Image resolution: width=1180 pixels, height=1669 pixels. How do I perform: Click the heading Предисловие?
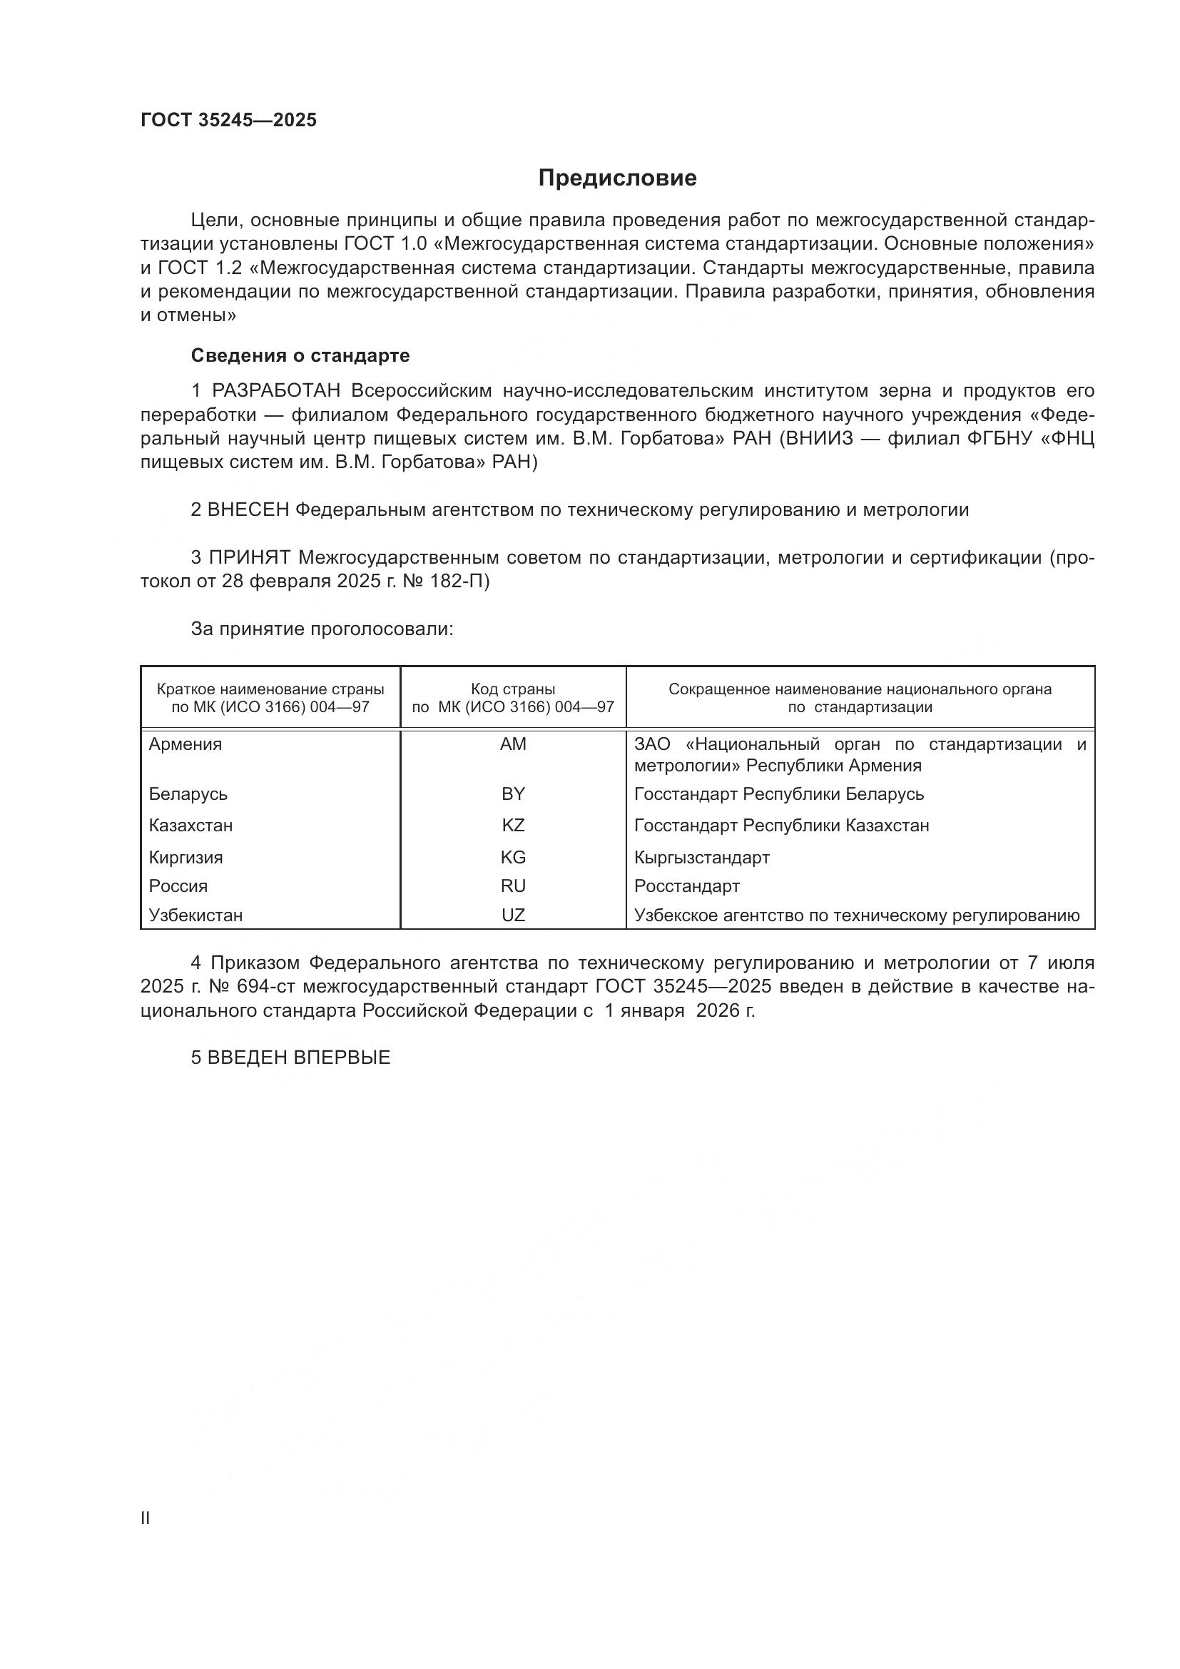click(x=617, y=178)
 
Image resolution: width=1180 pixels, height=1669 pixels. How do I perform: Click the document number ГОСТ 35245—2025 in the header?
click(x=229, y=121)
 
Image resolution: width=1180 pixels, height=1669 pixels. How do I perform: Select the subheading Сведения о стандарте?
click(x=300, y=355)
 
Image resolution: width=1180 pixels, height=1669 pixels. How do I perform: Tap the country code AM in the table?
click(x=513, y=744)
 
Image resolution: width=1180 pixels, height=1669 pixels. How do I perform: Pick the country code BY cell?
click(x=513, y=793)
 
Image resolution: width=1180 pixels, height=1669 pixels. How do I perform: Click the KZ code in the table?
click(x=513, y=826)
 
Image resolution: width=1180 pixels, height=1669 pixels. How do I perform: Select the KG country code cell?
click(x=513, y=858)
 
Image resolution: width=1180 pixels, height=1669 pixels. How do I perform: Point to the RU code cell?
click(x=513, y=886)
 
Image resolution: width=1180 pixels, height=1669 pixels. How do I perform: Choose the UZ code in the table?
click(x=513, y=915)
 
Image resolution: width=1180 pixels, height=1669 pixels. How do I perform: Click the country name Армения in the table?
click(x=185, y=744)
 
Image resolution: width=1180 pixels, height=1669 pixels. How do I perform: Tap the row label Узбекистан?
click(x=195, y=915)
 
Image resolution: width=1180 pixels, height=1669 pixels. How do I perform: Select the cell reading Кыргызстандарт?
click(x=702, y=858)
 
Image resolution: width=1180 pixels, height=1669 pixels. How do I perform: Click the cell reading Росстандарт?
click(x=686, y=886)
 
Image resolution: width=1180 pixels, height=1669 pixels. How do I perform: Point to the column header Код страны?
click(x=513, y=689)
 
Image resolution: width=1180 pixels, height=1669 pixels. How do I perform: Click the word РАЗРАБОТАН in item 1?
click(x=276, y=391)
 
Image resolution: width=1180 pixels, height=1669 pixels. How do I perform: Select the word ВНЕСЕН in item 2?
click(x=248, y=510)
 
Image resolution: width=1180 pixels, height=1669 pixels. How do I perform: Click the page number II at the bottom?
click(x=146, y=1518)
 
